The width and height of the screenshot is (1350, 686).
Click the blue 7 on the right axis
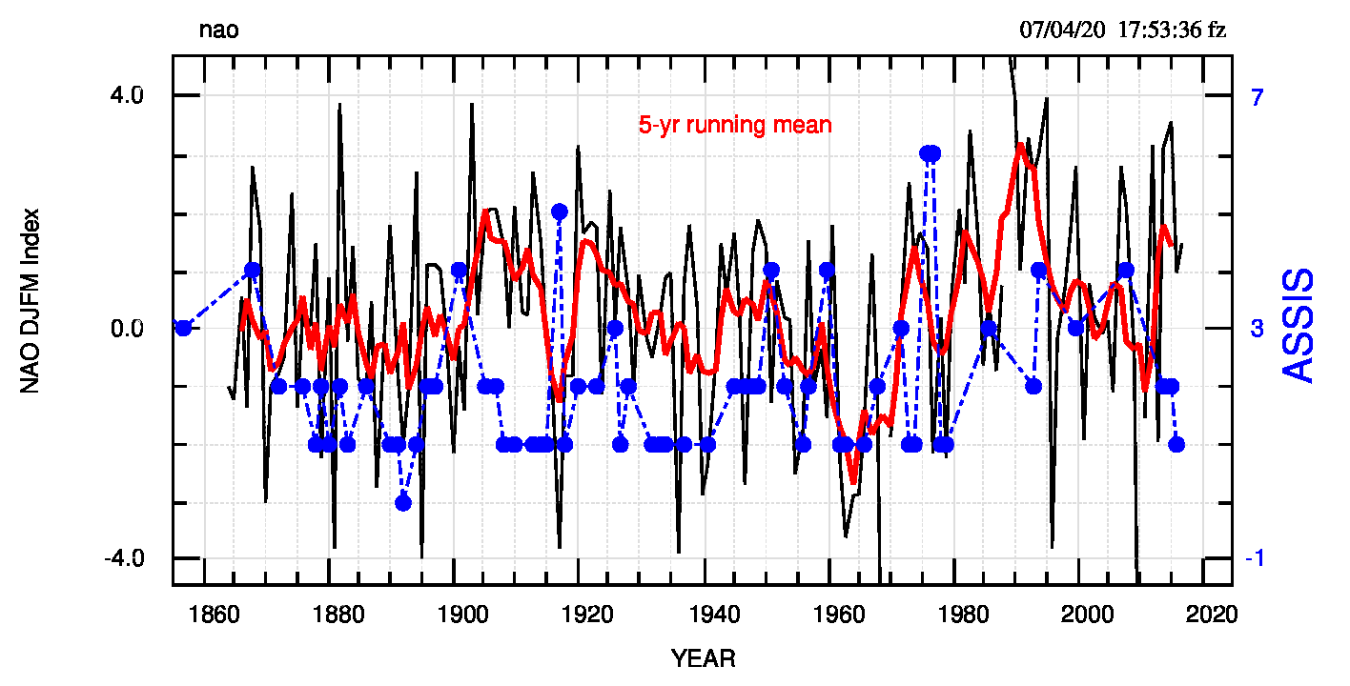click(1257, 96)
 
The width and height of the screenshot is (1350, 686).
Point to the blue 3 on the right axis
click(1257, 328)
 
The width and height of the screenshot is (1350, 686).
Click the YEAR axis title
click(703, 658)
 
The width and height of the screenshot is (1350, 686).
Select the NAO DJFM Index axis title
click(31, 300)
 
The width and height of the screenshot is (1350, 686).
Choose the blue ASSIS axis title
click(1299, 326)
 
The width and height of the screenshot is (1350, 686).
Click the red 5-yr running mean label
click(734, 125)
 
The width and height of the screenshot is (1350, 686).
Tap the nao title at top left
click(218, 30)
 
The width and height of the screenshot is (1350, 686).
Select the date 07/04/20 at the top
click(1062, 30)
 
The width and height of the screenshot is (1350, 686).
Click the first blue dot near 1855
click(184, 328)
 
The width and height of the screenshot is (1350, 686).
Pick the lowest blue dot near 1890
click(403, 502)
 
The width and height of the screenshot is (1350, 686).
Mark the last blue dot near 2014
click(1176, 444)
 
